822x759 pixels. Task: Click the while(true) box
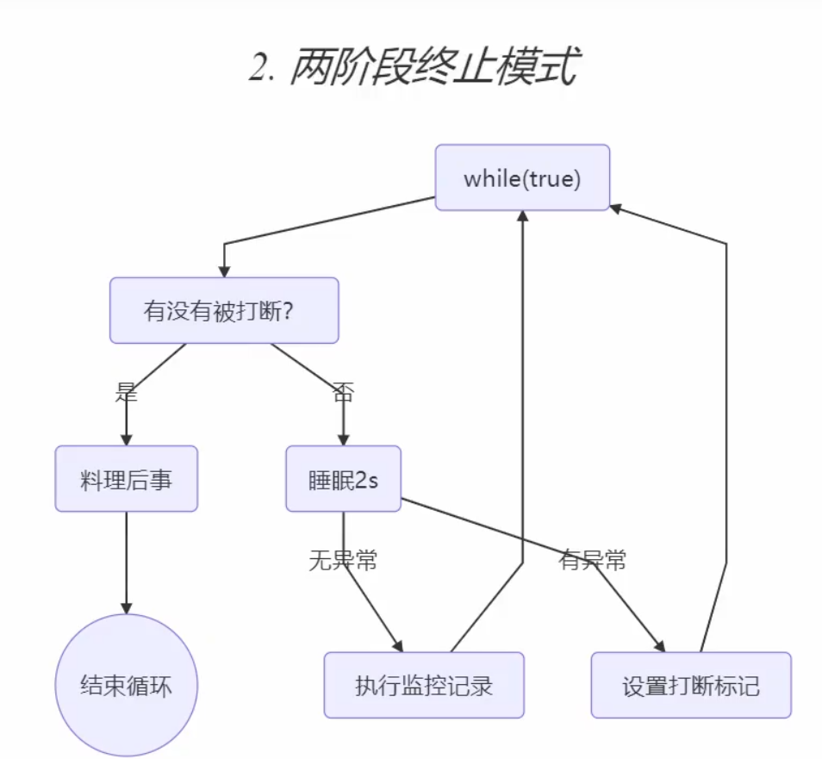[x=522, y=178]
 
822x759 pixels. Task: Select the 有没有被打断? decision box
[x=224, y=310]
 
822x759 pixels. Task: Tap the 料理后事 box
[x=127, y=479]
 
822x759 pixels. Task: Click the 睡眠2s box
[x=343, y=479]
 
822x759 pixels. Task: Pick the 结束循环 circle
[x=127, y=686]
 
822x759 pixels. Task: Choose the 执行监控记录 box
[x=424, y=686]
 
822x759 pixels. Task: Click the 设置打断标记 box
[x=690, y=686]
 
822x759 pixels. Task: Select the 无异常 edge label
[x=343, y=561]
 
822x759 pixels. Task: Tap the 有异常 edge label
[x=593, y=561]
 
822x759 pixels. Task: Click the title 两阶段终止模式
[x=431, y=67]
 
